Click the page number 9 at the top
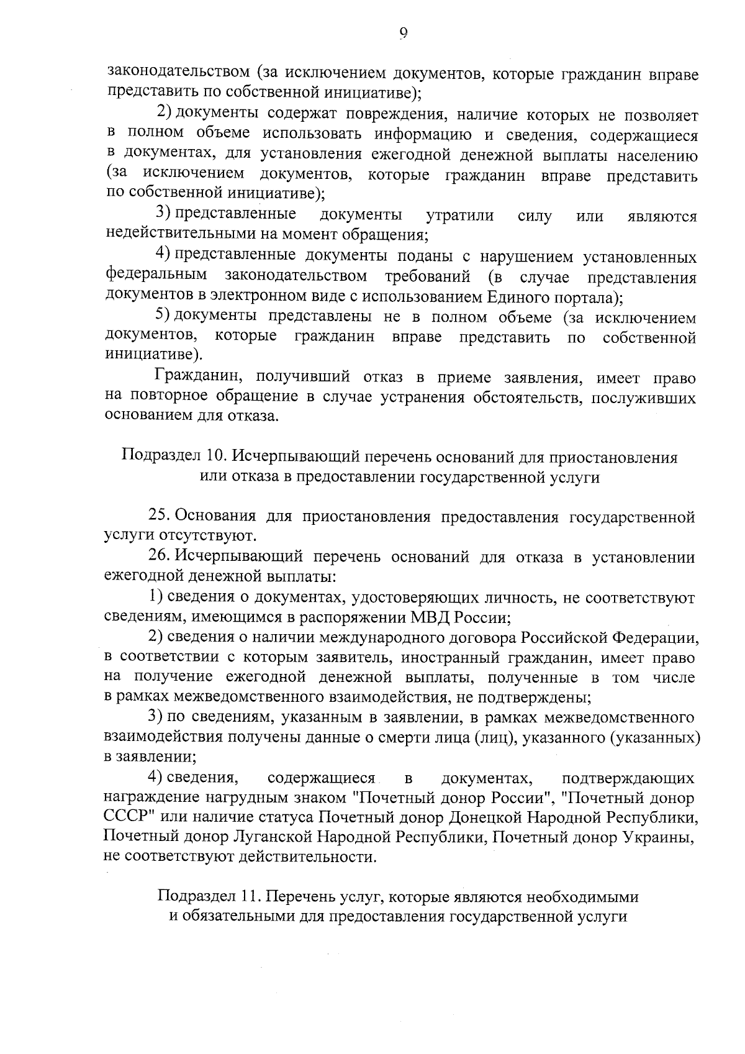point(403,34)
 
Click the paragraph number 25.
point(158,516)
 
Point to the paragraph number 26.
point(158,557)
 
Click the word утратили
point(460,216)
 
